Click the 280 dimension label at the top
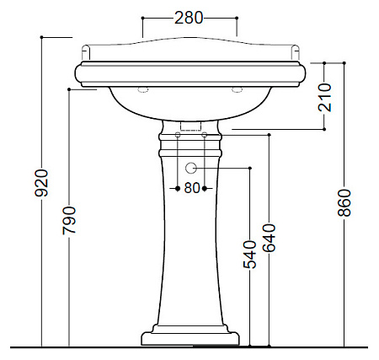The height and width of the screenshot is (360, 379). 189,18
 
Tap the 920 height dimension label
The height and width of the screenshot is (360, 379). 41,183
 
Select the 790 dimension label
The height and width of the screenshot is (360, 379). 69,220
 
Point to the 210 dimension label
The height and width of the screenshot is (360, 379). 324,97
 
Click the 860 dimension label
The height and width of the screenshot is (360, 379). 344,202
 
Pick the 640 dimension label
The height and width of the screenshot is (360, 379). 269,238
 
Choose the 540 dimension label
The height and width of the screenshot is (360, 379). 249,255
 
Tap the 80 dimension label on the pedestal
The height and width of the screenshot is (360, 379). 192,188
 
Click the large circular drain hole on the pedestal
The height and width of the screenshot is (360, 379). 191,168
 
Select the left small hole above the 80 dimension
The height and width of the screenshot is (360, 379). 178,135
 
